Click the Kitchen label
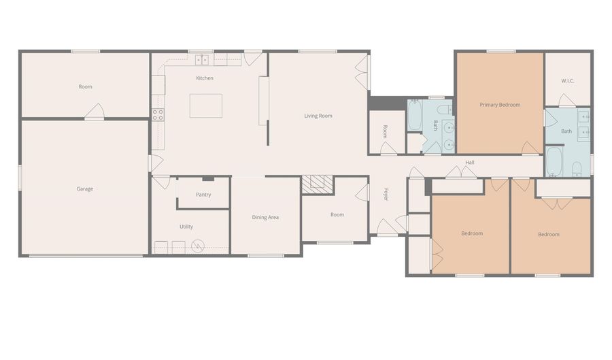point(205,78)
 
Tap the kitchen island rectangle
point(206,105)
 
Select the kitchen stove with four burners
point(158,115)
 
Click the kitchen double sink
point(202,60)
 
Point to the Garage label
point(85,189)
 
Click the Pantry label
point(203,195)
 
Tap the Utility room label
point(186,227)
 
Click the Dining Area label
point(265,217)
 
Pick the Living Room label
point(318,116)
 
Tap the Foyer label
point(386,195)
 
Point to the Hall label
point(469,162)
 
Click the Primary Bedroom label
point(500,105)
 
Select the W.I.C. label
point(568,81)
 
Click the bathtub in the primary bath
point(554,162)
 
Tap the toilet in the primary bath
point(577,169)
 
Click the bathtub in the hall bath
point(415,115)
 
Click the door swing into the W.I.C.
point(566,100)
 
